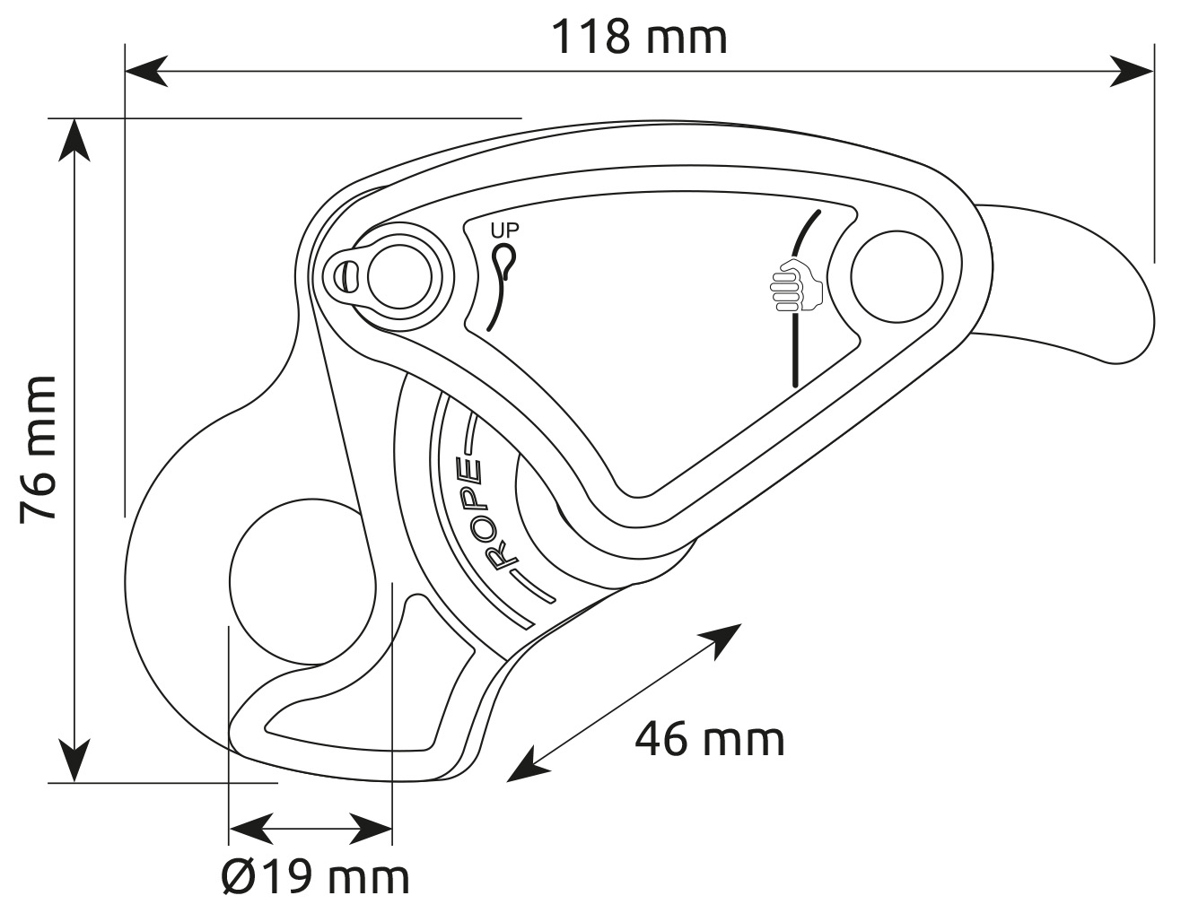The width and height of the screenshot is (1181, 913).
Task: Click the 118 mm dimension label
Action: (x=639, y=37)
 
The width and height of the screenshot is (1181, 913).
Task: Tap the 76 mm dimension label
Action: (x=38, y=449)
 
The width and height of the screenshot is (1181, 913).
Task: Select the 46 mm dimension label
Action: (x=710, y=739)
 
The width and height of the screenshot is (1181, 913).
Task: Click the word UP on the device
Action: (x=505, y=230)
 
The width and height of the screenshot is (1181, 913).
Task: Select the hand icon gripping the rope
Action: (x=796, y=285)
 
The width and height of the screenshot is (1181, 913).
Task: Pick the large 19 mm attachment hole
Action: (x=302, y=582)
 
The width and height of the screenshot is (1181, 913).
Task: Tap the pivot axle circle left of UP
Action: (x=399, y=277)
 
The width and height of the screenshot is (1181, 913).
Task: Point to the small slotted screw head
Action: (x=346, y=277)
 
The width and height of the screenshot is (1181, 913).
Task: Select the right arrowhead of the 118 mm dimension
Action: (x=1132, y=71)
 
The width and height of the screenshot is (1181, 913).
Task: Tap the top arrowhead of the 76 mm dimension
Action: (x=74, y=140)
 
